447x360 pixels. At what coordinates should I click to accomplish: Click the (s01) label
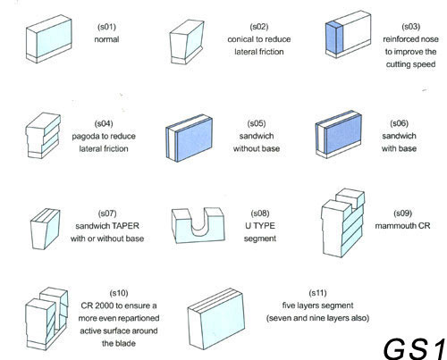click(106, 27)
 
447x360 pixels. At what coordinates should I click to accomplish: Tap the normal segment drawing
click(49, 39)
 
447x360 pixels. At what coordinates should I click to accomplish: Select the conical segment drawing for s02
click(187, 42)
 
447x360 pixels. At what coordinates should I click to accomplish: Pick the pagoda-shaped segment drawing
click(43, 136)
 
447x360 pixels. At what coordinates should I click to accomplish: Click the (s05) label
click(257, 123)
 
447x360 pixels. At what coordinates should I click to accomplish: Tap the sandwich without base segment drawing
click(190, 138)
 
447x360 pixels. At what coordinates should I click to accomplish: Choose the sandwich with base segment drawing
click(339, 134)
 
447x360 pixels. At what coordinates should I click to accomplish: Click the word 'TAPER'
click(125, 226)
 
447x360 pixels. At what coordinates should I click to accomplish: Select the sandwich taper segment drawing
click(45, 229)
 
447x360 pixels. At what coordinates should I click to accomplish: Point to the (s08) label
click(260, 213)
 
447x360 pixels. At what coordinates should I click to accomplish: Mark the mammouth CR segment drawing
click(342, 222)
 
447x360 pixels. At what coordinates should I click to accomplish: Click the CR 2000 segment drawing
click(46, 318)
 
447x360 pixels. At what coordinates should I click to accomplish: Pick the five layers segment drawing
click(216, 319)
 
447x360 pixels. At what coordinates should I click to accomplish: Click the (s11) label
click(317, 293)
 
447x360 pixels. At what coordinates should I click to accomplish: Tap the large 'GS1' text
click(415, 348)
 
